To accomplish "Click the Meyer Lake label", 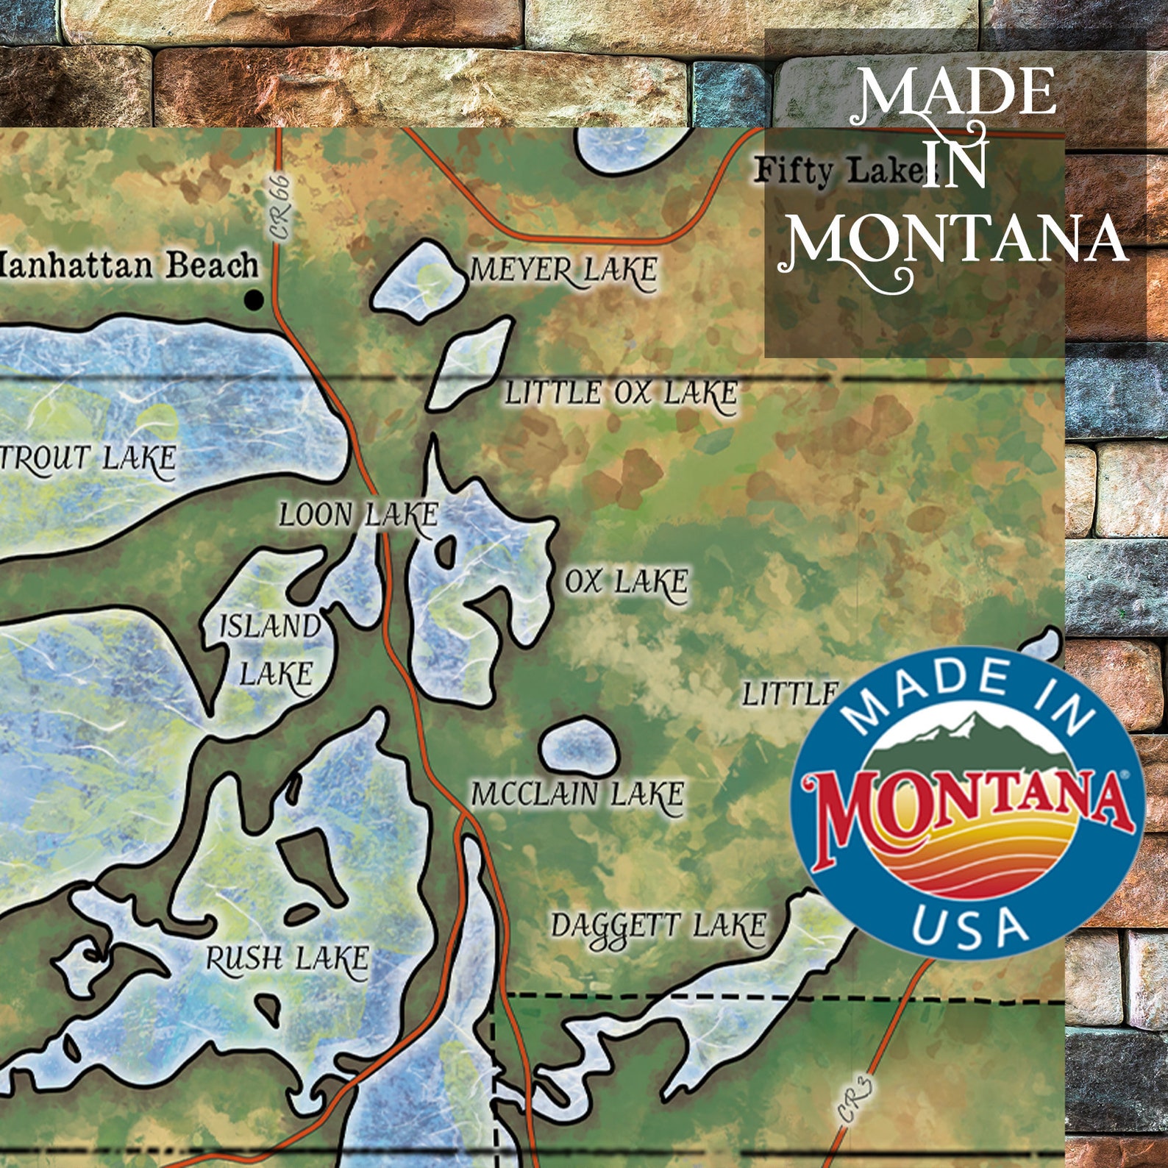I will click(563, 271).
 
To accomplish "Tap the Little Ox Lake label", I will click(620, 394).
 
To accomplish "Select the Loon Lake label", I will click(358, 515).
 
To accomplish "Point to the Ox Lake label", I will click(626, 583).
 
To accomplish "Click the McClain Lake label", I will click(577, 794).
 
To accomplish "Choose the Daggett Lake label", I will click(659, 927).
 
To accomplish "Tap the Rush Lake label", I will click(287, 958).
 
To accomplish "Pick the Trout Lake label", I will click(88, 458).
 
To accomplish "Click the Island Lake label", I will click(271, 650).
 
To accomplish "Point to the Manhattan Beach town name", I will click(129, 265).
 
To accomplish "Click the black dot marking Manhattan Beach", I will click(254, 299).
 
